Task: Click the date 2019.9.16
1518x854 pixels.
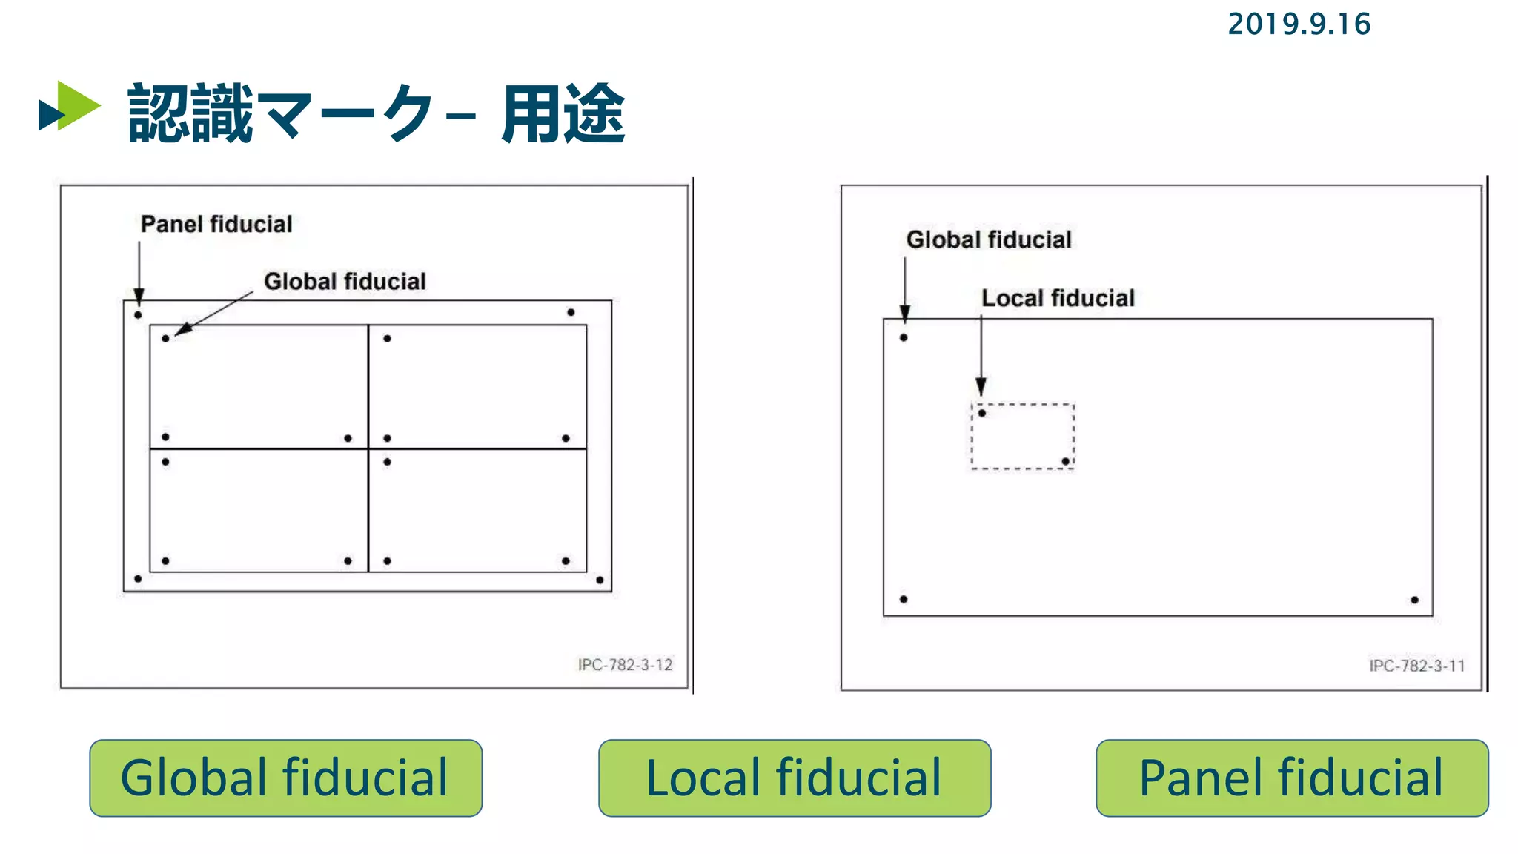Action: (x=1299, y=24)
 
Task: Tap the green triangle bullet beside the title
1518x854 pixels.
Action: (x=74, y=106)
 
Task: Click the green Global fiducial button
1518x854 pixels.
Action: (x=285, y=778)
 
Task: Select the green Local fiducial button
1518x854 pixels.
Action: (x=794, y=778)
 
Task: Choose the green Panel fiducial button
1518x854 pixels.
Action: (x=1291, y=778)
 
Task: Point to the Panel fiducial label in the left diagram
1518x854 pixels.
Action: (x=216, y=224)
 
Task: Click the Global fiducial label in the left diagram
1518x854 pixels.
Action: (x=345, y=282)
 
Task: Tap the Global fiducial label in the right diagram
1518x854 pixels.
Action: (x=989, y=239)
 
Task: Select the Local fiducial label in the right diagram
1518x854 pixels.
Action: (x=1058, y=298)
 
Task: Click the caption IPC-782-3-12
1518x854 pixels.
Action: (x=625, y=665)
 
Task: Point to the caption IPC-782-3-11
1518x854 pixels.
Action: (x=1416, y=666)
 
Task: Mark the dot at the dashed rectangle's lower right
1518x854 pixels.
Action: (x=1065, y=461)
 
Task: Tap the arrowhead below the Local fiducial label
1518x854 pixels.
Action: (x=981, y=386)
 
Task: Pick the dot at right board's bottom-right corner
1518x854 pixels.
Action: (x=1414, y=600)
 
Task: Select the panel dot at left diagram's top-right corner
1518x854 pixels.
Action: (x=571, y=312)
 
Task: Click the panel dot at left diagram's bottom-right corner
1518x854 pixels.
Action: (x=600, y=580)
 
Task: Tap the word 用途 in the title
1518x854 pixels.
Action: (x=563, y=113)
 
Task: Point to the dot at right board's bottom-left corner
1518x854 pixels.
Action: (x=904, y=599)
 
